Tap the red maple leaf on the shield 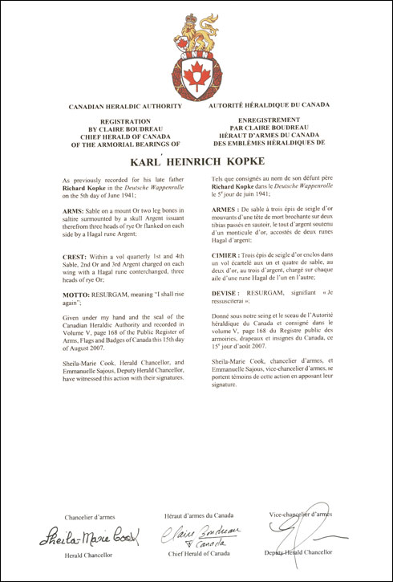[196, 77]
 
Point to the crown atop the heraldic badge [196, 18]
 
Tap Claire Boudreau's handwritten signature [195, 533]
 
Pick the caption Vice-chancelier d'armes [299, 513]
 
